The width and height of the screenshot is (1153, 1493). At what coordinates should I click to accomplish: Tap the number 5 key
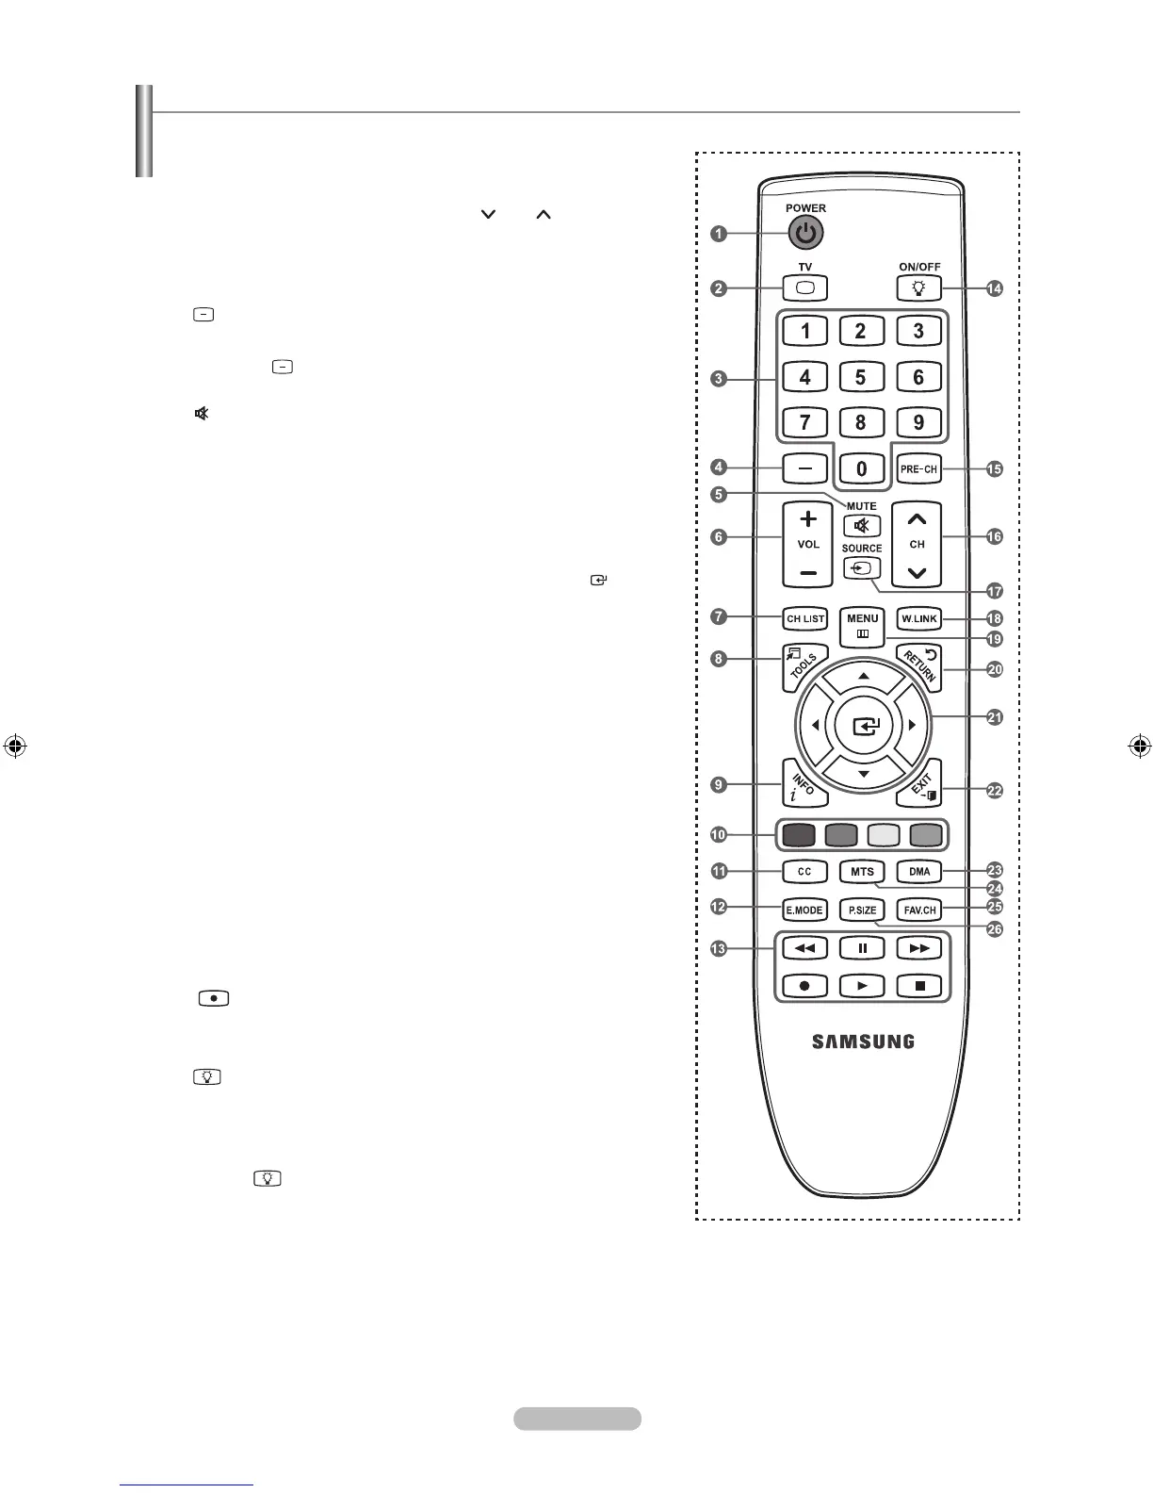pyautogui.click(x=860, y=377)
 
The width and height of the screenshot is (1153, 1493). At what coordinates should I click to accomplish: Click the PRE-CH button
pyautogui.click(x=918, y=468)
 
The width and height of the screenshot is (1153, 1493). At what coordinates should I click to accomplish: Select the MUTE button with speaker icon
pyautogui.click(x=861, y=526)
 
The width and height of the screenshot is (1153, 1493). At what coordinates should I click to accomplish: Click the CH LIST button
pyautogui.click(x=805, y=619)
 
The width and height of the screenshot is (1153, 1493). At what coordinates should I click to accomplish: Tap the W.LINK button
pyautogui.click(x=918, y=619)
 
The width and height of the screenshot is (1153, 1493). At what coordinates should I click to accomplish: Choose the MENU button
pyautogui.click(x=862, y=625)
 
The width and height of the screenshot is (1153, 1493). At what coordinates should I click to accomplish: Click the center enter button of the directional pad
pyautogui.click(x=863, y=726)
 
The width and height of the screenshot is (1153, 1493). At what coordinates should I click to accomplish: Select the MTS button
pyautogui.click(x=862, y=872)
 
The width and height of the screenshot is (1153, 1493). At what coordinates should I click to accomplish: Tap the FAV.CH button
pyautogui.click(x=918, y=911)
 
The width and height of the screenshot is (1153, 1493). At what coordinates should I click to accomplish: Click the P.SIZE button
pyautogui.click(x=862, y=911)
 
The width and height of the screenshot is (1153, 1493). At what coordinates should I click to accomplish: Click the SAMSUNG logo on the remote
pyautogui.click(x=863, y=1042)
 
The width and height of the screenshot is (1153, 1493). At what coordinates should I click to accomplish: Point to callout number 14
pyautogui.click(x=994, y=288)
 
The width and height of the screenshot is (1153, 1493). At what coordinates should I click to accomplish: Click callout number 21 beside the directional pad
pyautogui.click(x=994, y=717)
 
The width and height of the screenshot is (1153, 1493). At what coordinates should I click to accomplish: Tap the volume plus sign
pyautogui.click(x=808, y=519)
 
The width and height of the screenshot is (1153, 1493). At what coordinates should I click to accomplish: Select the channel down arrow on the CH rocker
pyautogui.click(x=917, y=572)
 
